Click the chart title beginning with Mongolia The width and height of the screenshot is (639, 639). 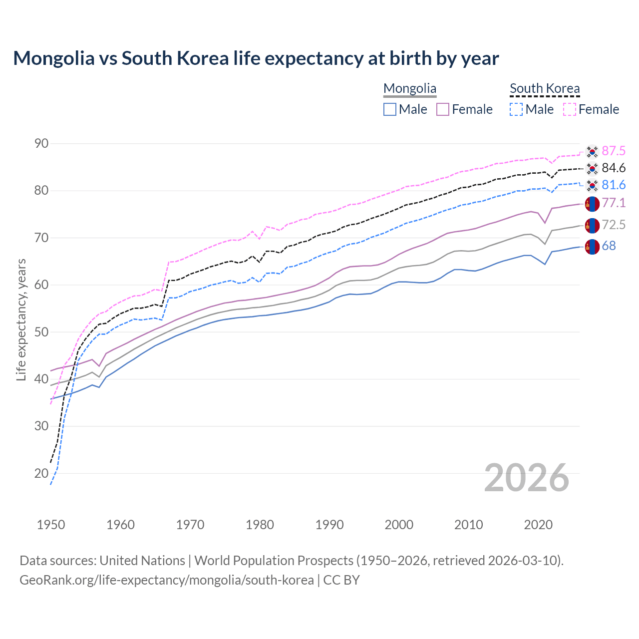pos(256,58)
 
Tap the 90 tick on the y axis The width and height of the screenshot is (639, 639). pos(41,144)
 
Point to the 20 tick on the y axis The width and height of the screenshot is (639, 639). pos(41,473)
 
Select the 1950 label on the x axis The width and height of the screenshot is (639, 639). pos(51,525)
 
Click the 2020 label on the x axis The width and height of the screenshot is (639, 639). pos(538,525)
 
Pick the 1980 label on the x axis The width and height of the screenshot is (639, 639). pos(260,525)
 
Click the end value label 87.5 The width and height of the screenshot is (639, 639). pos(614,151)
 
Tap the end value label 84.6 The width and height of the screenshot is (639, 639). pos(614,168)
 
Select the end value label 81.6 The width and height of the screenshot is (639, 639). pos(614,185)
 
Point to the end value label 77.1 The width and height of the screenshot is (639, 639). pos(614,203)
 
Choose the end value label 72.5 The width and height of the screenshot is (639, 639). pos(614,225)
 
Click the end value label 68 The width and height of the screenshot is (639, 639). pos(609,246)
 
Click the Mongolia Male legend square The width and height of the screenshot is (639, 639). pos(390,109)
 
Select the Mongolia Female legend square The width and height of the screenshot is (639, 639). pos(443,109)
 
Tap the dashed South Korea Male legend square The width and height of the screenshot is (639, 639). pos(516,109)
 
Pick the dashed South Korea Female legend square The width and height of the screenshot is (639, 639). pos(570,109)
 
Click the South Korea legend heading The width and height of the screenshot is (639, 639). pos(545,88)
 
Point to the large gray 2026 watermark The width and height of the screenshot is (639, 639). pos(527,478)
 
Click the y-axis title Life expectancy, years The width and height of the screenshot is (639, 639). pos(21,319)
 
